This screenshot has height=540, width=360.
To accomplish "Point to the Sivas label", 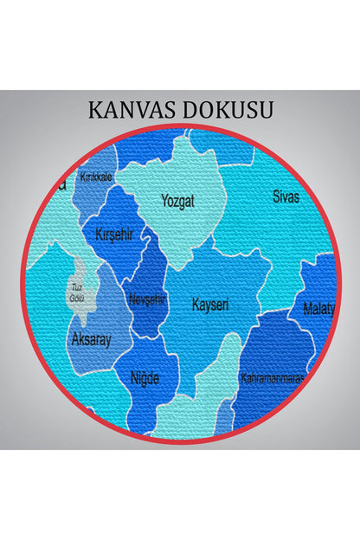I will tap(286, 197).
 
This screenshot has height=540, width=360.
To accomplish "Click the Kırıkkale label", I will tap(95, 177).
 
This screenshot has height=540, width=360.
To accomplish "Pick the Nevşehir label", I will tap(146, 299).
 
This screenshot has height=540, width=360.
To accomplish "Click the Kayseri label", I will tap(210, 305).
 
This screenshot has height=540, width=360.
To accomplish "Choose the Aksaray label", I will tap(91, 339).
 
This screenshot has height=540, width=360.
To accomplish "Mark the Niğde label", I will tap(145, 377).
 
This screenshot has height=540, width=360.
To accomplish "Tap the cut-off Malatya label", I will tap(318, 309).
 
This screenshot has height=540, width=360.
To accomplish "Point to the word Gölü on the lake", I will tap(76, 299).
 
